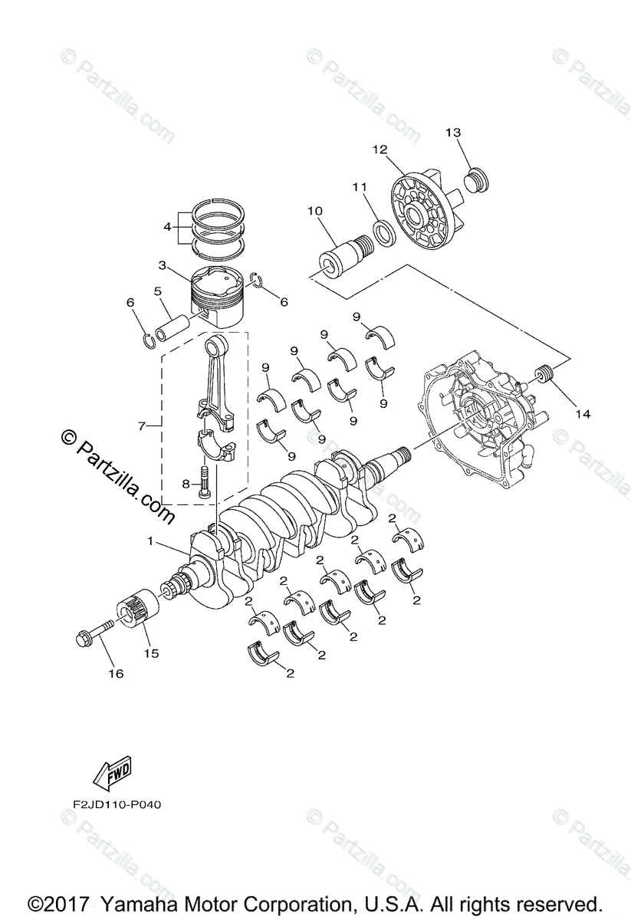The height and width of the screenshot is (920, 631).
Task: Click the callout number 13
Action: (x=454, y=133)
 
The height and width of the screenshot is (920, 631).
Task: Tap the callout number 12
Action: (x=380, y=149)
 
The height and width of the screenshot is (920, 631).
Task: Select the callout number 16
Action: (x=116, y=674)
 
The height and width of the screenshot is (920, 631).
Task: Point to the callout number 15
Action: (x=151, y=653)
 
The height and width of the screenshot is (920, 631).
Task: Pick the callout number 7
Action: (x=142, y=426)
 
